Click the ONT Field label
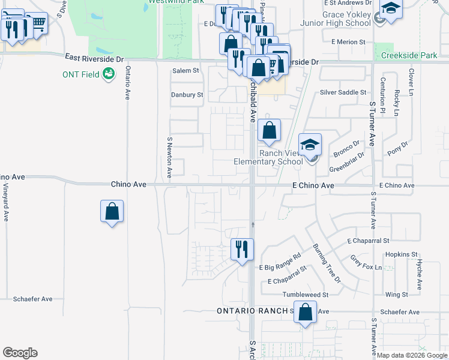81,74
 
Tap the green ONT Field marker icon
109,74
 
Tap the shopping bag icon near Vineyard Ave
112,211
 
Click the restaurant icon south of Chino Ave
243,249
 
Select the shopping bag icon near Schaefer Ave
306,313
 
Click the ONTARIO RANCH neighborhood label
252,311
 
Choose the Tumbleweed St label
308,295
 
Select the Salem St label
185,70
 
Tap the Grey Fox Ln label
366,263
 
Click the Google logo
20,353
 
